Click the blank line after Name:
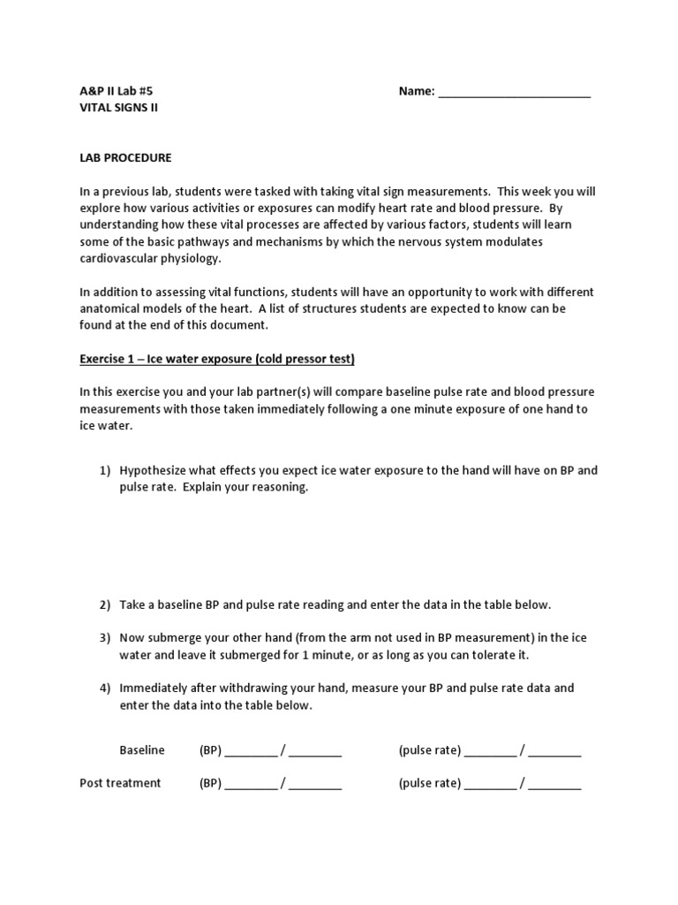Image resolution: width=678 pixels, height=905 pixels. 514,92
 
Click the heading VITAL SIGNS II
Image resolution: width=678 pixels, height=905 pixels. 119,108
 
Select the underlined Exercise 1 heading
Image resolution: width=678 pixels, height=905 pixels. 217,359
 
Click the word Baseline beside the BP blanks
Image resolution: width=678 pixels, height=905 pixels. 142,750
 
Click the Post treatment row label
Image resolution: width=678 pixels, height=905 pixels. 120,783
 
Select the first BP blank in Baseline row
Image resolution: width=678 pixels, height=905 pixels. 251,752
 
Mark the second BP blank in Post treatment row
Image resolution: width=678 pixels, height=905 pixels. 315,785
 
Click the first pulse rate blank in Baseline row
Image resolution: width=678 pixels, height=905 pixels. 490,752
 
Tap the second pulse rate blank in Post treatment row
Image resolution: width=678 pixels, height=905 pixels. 555,785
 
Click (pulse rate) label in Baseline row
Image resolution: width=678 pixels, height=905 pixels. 430,750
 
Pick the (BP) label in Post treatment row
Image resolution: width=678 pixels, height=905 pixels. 210,783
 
